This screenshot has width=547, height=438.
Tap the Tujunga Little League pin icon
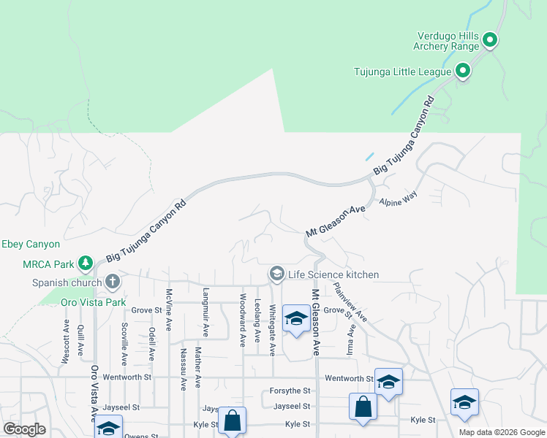tap(462, 71)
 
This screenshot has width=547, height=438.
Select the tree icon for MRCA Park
tap(86, 262)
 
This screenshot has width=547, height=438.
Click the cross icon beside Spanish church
tap(112, 281)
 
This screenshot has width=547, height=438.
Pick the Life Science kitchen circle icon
tap(276, 274)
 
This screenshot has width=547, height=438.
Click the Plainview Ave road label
tap(350, 302)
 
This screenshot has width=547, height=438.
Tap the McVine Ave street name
tap(169, 310)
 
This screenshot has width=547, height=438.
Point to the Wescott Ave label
tap(66, 340)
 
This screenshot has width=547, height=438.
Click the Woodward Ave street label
tap(243, 315)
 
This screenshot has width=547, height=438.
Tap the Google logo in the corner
tap(24, 429)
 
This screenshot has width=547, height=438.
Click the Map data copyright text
tap(502, 432)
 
